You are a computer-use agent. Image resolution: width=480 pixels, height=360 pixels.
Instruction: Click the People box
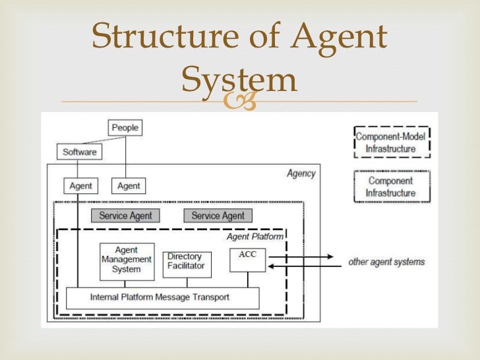click(125, 127)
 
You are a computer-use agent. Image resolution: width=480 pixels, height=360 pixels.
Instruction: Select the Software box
click(79, 152)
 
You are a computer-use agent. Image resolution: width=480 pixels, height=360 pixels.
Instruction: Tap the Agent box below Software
click(80, 186)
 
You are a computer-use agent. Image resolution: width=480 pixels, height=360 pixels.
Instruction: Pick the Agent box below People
click(129, 186)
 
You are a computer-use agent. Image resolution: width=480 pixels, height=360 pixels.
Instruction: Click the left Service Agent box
click(125, 216)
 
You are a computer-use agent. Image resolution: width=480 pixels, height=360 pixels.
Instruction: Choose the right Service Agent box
click(218, 216)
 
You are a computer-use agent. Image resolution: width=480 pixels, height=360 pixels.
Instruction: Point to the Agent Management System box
click(126, 260)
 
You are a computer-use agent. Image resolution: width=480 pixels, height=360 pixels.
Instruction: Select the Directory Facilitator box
click(186, 264)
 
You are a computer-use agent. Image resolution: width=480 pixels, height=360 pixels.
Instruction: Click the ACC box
click(248, 260)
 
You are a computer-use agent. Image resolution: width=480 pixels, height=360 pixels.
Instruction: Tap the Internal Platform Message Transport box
click(162, 297)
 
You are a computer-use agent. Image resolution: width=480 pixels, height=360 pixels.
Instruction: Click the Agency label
click(301, 174)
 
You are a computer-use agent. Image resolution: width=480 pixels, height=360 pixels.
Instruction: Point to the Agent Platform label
click(255, 236)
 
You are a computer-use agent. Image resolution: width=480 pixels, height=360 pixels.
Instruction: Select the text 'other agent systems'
click(386, 262)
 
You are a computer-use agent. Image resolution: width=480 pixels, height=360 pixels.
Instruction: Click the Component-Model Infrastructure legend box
click(391, 143)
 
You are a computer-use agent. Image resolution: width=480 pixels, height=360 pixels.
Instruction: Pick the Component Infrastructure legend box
click(391, 187)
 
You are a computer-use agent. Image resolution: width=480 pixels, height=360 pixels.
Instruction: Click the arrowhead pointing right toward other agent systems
click(328, 256)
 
